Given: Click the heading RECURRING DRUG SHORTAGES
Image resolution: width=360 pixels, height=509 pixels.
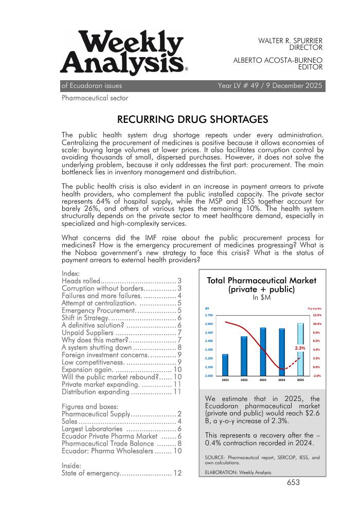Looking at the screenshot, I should click(193, 120).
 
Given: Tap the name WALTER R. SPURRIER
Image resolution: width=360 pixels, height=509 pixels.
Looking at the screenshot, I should click(290, 40).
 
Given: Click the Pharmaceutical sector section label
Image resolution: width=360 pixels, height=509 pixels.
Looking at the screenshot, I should click(95, 98).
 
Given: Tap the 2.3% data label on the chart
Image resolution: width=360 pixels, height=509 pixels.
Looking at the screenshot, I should click(300, 349).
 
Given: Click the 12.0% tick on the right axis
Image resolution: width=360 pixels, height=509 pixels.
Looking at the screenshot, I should click(317, 315).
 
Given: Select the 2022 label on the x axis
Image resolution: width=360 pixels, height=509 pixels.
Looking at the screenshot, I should click(244, 380).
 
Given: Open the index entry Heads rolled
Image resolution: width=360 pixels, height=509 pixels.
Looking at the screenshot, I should click(121, 281).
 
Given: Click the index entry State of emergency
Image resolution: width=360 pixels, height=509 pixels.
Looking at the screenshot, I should click(121, 473).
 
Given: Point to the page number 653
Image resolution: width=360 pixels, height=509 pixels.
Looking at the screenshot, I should click(293, 482).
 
